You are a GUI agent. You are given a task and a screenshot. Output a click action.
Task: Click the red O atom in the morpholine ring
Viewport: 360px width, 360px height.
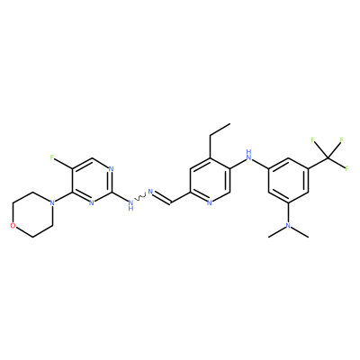13,226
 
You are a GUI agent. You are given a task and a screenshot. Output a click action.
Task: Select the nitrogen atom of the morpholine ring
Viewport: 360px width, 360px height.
52,202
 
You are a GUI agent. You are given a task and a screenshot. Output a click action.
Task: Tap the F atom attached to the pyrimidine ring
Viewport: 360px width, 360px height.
52,157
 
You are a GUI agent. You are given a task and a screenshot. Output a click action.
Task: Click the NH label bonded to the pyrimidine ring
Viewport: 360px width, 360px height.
130,205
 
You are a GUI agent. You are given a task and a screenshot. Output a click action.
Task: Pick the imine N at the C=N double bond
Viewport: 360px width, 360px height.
150,192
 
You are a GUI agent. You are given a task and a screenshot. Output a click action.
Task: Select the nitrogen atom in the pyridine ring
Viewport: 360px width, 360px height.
210,202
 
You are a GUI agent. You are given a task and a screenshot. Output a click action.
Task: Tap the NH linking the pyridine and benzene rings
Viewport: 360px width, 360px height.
248,155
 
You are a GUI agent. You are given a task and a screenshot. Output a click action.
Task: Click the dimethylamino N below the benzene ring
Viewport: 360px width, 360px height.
288,226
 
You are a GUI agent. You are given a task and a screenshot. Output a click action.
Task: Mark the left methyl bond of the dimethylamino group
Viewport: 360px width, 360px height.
276,231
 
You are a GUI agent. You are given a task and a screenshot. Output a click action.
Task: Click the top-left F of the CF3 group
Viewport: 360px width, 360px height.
312,139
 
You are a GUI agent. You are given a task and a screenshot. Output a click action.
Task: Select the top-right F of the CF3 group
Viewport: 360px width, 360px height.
341,139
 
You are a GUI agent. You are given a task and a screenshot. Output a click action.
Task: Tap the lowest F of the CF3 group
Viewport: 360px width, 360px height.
347,169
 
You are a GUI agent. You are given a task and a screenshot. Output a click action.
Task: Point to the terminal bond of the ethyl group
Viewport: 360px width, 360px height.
220,129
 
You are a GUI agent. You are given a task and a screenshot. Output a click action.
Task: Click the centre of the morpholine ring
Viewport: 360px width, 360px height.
32,214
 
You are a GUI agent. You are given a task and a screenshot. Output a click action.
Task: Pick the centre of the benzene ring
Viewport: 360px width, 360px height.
289,180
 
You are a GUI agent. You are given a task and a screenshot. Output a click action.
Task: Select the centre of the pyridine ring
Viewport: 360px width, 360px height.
210,180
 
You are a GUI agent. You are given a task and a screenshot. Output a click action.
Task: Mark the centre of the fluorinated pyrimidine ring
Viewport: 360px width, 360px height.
92,180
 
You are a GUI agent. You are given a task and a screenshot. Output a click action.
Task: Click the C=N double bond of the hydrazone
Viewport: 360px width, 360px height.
163,198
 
